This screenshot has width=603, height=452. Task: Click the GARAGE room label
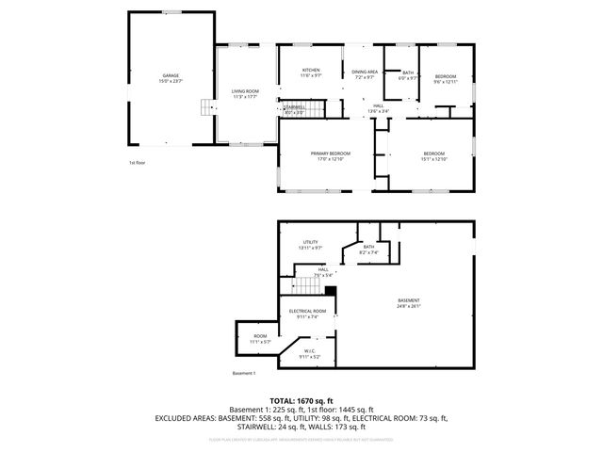(x=171, y=75)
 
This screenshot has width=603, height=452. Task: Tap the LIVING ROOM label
(x=245, y=90)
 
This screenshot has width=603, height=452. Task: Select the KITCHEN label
(x=311, y=71)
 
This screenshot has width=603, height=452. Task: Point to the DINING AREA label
(x=365, y=72)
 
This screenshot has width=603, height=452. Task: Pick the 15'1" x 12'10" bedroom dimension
(x=433, y=158)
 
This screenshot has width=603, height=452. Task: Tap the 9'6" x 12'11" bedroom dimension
(x=446, y=82)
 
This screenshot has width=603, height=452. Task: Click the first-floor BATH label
(x=408, y=73)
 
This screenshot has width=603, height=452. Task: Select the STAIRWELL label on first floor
(x=293, y=107)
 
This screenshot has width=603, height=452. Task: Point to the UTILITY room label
(x=311, y=242)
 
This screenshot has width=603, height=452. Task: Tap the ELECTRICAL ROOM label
(x=308, y=311)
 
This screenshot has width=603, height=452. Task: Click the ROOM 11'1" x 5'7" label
(x=260, y=336)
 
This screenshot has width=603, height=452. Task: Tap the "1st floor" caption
(x=138, y=163)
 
